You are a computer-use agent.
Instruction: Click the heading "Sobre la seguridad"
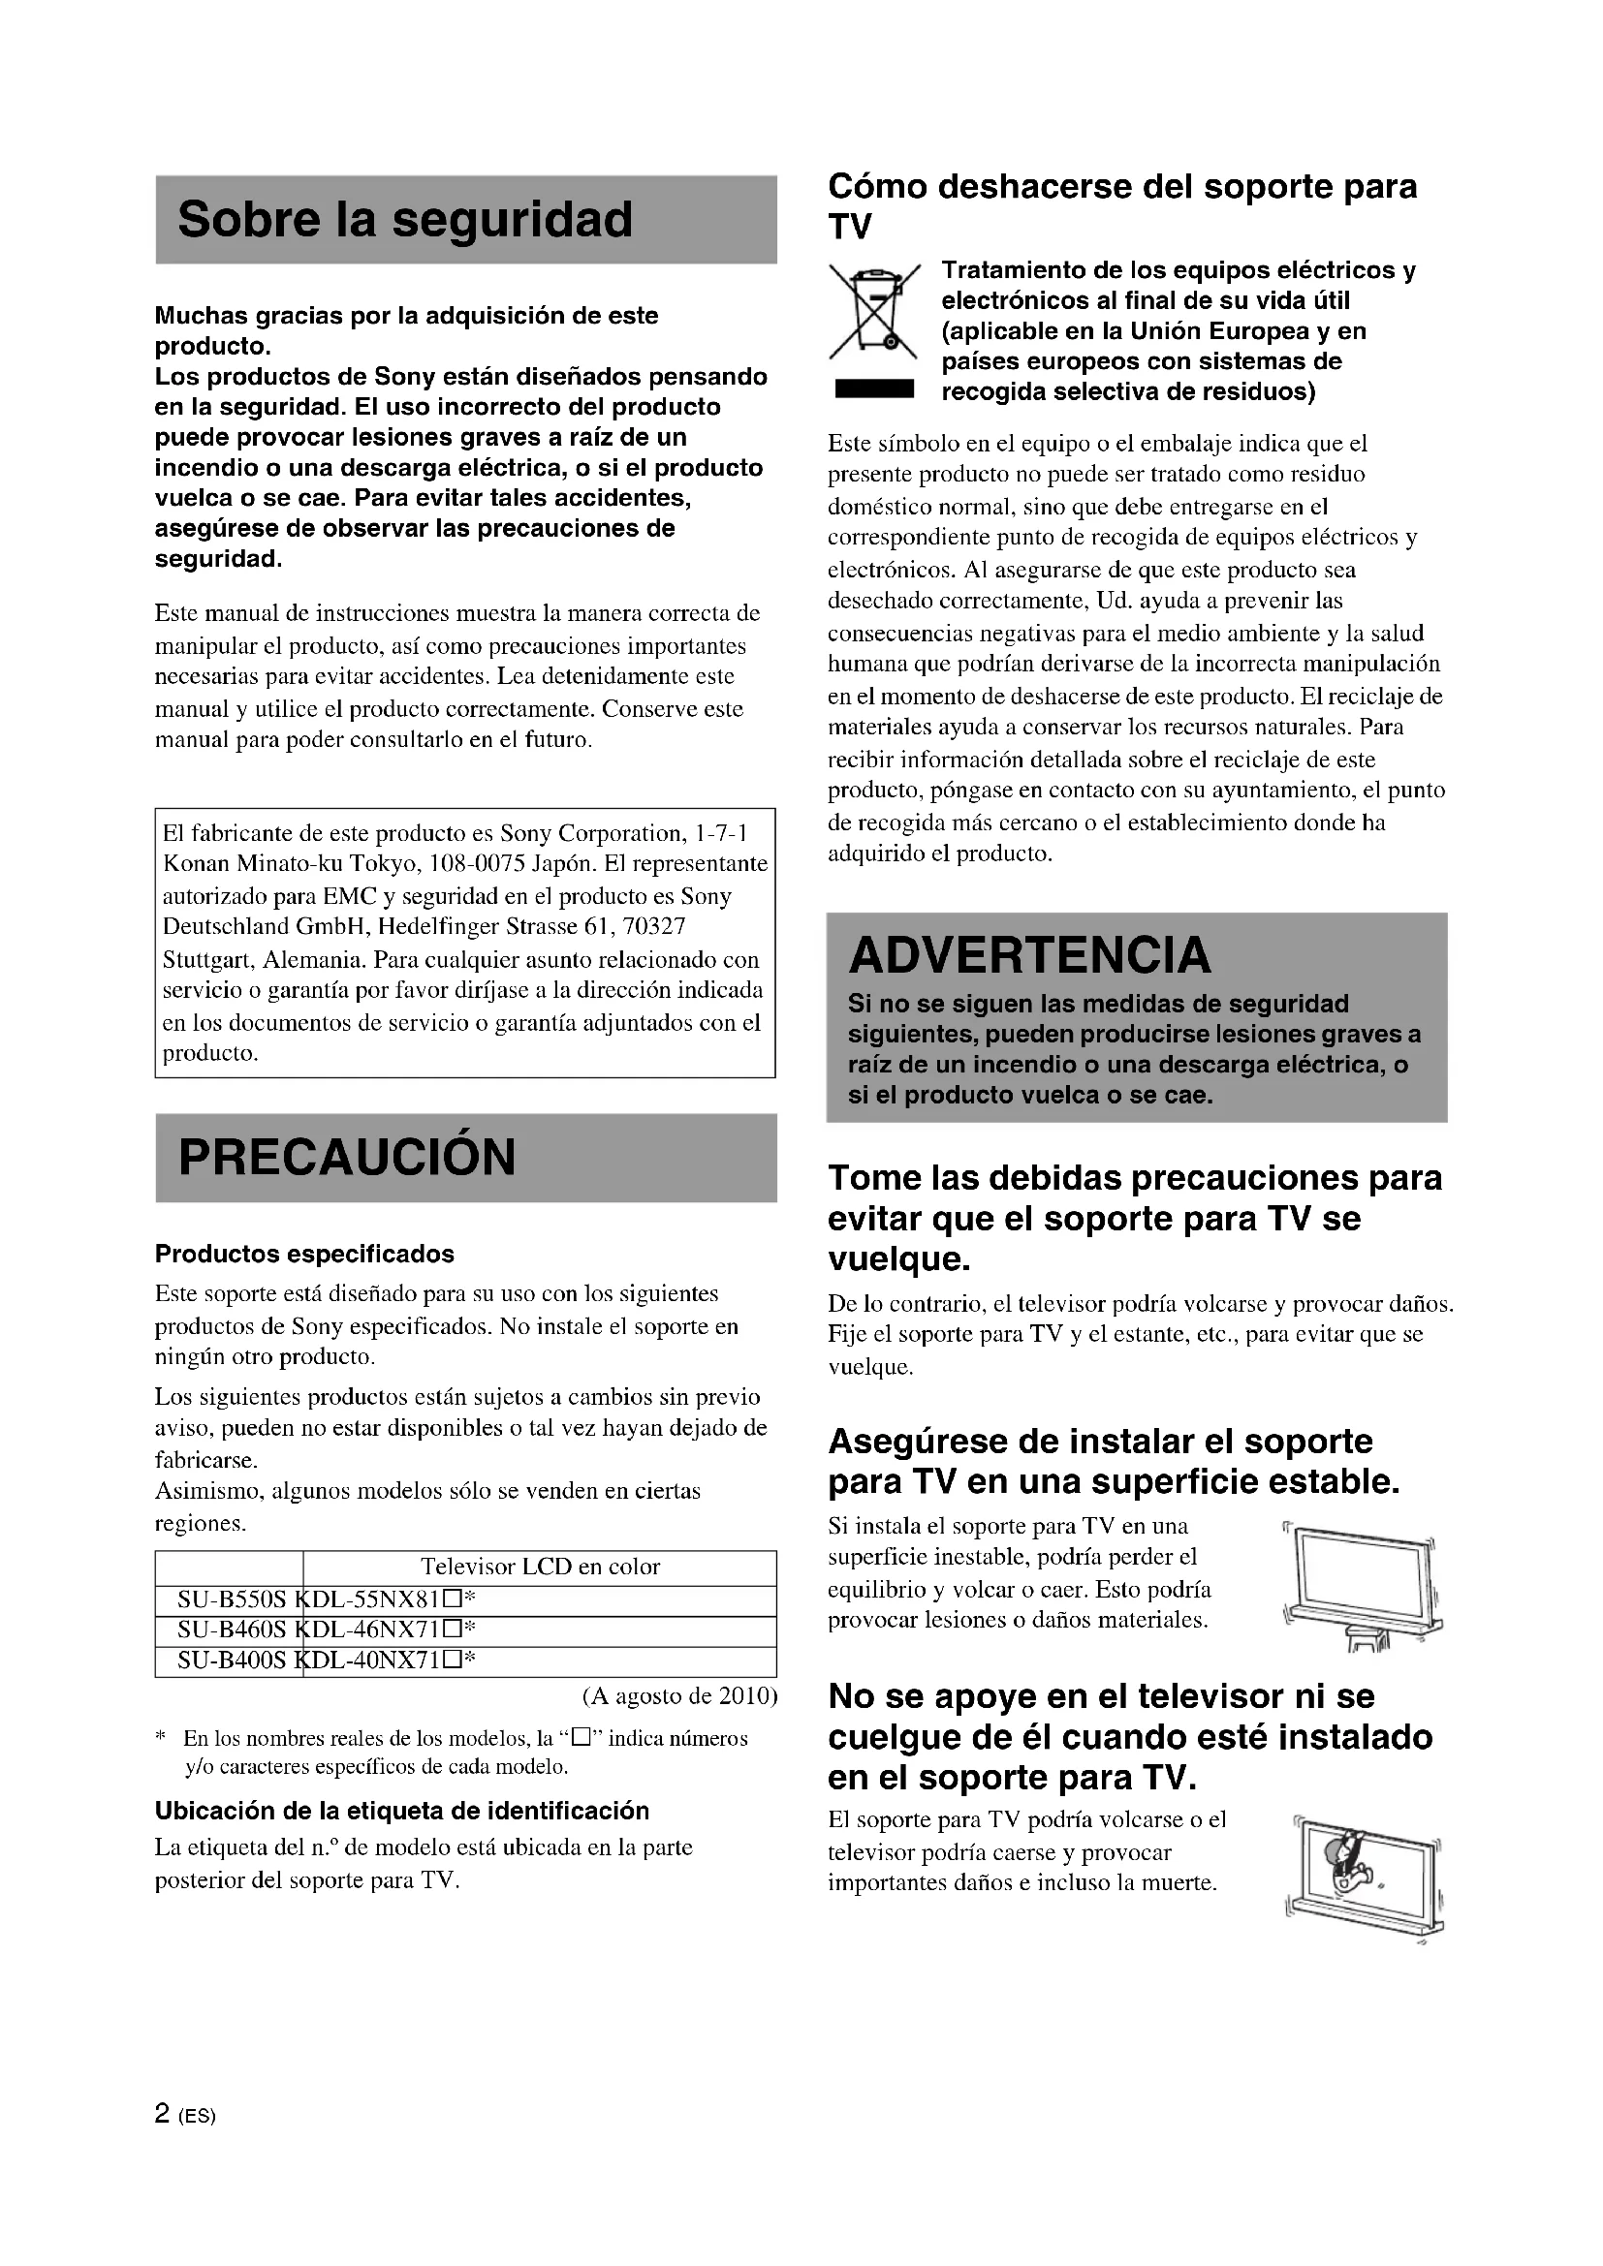405,219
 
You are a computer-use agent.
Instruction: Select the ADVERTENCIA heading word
1028,954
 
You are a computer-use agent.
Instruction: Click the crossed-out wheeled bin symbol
873,312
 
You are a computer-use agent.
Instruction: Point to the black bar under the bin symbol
873,389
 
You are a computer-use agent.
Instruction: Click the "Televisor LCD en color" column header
540,1568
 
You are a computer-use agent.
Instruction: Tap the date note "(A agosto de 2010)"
679,1696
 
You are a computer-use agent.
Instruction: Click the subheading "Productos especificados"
304,1255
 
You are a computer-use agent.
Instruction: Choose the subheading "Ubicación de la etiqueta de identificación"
402,1811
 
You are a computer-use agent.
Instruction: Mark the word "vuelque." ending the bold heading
898,1259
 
